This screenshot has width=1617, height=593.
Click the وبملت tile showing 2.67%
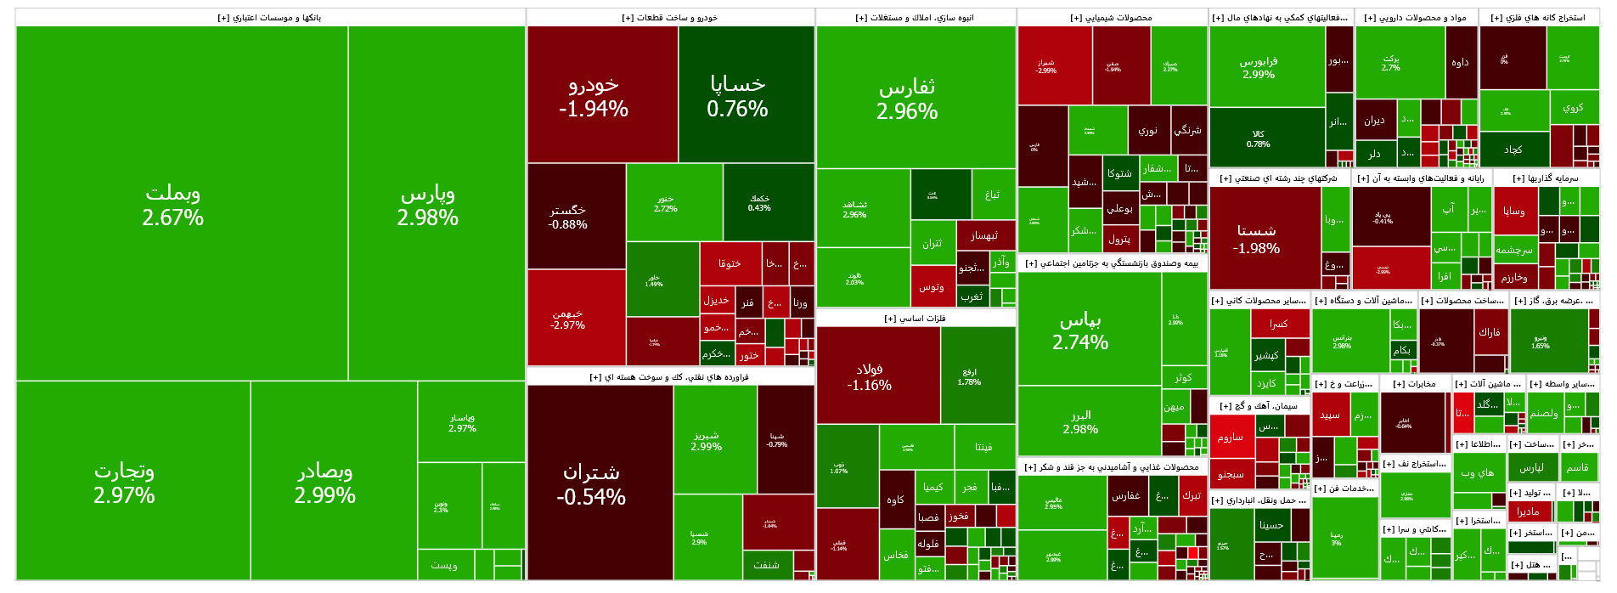(173, 205)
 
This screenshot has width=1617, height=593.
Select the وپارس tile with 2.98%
(428, 205)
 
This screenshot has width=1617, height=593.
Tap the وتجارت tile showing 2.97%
(124, 482)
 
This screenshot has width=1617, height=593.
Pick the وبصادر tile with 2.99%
(325, 482)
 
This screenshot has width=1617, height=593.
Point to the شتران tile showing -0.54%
(591, 483)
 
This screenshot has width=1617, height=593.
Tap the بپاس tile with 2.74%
(1080, 330)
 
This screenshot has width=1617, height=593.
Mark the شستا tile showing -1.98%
(1256, 239)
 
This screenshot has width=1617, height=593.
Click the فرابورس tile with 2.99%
(1259, 67)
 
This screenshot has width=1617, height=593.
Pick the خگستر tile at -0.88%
(567, 217)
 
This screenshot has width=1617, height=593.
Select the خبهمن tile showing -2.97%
(567, 319)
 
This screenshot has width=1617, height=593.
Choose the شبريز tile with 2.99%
(706, 440)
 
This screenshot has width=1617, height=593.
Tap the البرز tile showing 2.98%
(1080, 421)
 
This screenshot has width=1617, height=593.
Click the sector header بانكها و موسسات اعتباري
(269, 18)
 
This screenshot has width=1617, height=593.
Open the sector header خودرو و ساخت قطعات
(670, 18)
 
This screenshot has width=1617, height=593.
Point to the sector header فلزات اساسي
(915, 319)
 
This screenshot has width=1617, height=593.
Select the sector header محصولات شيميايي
(1111, 18)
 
